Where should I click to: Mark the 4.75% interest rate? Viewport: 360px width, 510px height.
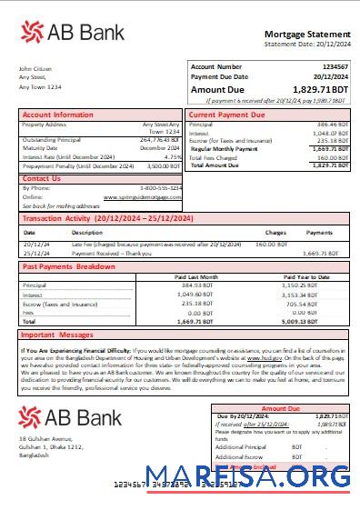click(173, 157)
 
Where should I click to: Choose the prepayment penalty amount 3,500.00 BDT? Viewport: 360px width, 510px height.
click(164, 166)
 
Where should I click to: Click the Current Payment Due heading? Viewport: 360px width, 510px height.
click(226, 115)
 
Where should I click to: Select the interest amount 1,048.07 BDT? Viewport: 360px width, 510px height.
click(329, 133)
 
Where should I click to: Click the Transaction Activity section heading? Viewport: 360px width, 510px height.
click(107, 219)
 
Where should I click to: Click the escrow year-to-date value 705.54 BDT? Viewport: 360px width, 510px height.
click(323, 304)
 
